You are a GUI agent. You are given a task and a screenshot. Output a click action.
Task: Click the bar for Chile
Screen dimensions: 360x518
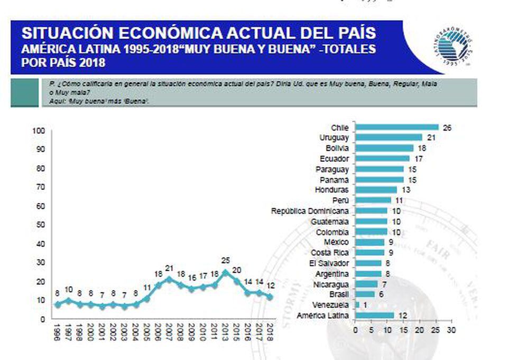click(396, 127)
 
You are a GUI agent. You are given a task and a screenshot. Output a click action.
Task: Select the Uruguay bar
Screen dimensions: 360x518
click(388, 137)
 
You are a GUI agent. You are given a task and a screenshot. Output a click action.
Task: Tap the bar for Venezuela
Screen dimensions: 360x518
click(357, 305)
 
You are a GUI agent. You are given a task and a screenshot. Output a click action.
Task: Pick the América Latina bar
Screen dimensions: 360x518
click(374, 316)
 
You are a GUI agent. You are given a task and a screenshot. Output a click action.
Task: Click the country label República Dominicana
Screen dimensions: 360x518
click(310, 211)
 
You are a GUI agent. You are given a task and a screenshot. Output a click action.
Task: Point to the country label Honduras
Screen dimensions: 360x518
click(331, 190)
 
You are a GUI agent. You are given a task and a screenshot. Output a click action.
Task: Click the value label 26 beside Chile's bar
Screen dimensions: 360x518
click(447, 127)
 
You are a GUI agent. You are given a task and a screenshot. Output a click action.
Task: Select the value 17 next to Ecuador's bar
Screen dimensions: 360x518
click(418, 159)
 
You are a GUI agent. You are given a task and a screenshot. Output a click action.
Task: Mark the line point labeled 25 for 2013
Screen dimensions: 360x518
click(226, 272)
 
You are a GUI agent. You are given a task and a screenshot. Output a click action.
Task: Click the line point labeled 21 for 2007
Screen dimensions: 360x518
click(169, 279)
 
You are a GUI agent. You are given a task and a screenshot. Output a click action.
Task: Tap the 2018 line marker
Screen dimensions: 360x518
click(270, 297)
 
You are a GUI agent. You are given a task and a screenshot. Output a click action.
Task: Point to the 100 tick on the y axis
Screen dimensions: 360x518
click(40, 131)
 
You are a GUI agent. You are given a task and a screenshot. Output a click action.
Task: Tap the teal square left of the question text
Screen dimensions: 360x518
click(24, 93)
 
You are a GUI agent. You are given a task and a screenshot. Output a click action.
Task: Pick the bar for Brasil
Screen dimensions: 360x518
click(365, 294)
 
